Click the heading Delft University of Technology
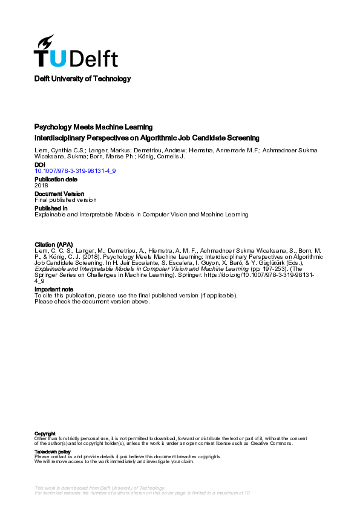[x=82, y=79]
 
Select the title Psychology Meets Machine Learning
[x=93, y=127]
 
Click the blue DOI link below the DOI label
[x=75, y=171]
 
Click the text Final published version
[x=65, y=200]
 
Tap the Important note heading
[x=54, y=289]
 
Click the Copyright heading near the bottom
[x=45, y=433]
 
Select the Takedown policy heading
[x=53, y=452]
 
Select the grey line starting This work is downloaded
[x=100, y=487]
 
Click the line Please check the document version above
[x=91, y=301]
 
